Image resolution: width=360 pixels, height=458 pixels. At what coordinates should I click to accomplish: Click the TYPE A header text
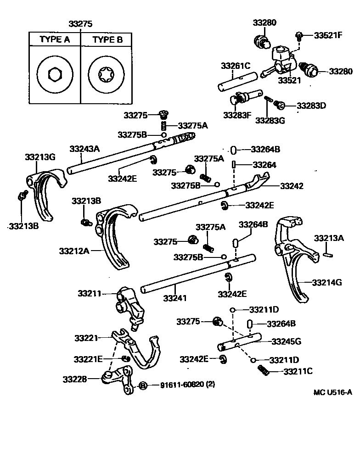click(55, 40)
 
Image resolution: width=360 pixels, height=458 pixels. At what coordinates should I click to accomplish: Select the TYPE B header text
click(107, 40)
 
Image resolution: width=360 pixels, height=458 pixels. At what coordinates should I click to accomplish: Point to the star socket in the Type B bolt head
click(107, 74)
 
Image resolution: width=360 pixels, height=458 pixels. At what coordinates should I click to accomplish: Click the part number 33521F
click(328, 35)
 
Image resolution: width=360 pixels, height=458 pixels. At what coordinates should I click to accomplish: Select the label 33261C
click(236, 66)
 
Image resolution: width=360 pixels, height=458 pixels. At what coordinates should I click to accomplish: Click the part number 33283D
click(311, 106)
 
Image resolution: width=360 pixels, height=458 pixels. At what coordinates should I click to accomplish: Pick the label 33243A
click(84, 149)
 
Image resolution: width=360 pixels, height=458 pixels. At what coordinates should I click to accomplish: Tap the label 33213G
click(40, 157)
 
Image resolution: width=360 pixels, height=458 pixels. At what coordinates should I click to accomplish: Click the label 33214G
click(327, 283)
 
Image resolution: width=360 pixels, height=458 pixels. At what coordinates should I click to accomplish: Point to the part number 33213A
click(329, 238)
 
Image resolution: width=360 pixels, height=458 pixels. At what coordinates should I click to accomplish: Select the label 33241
click(174, 298)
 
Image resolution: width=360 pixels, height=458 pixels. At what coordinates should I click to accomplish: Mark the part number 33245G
click(286, 341)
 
